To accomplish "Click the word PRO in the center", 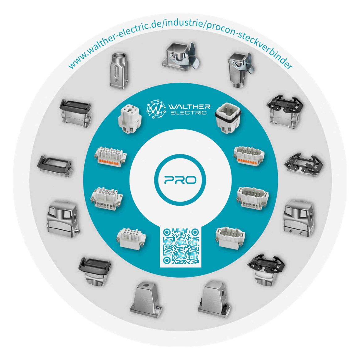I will [180, 180].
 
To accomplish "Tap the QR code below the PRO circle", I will [180, 246].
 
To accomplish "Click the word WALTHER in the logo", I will [189, 107].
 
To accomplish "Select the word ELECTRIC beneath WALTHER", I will [189, 113].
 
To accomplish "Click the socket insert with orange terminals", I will [110, 155].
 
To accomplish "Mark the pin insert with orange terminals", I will [249, 154].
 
